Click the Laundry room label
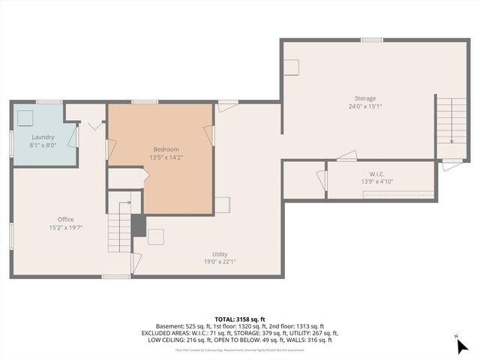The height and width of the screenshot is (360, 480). [x=43, y=136]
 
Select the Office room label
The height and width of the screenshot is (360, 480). [x=65, y=219]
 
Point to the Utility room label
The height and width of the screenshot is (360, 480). [x=220, y=254]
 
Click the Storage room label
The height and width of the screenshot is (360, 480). [x=365, y=98]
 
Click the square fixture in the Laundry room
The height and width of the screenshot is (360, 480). [x=26, y=118]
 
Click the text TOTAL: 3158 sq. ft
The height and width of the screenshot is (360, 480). [x=239, y=319]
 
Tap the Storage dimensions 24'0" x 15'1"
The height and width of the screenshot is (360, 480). [x=365, y=106]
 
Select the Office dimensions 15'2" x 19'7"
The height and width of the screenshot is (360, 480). [x=65, y=227]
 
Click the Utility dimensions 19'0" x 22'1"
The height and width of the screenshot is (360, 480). [x=220, y=262]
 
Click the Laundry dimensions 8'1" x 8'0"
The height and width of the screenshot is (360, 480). [x=43, y=145]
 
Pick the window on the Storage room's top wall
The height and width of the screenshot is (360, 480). [x=372, y=40]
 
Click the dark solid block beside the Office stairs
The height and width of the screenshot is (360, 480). [x=138, y=226]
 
